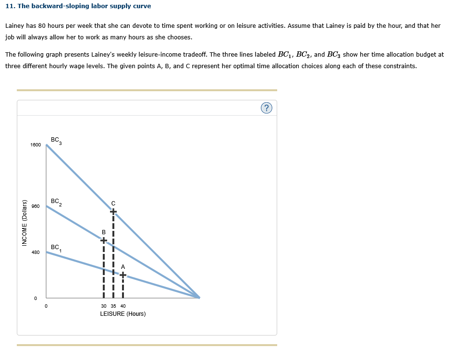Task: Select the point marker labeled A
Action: pyautogui.click(x=123, y=275)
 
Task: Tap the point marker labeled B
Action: pyautogui.click(x=103, y=240)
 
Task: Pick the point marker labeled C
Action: pyautogui.click(x=113, y=211)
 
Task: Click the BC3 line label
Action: pyautogui.click(x=56, y=141)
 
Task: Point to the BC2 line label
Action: pyautogui.click(x=56, y=202)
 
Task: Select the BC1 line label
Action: pyautogui.click(x=56, y=248)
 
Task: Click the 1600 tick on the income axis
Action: pyautogui.click(x=36, y=144)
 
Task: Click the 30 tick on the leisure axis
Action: pyautogui.click(x=104, y=306)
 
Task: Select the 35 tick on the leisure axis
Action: pyautogui.click(x=113, y=306)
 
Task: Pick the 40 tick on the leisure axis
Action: pyautogui.click(x=123, y=306)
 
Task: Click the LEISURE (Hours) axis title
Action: pyautogui.click(x=123, y=314)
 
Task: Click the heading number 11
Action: pyautogui.click(x=9, y=6)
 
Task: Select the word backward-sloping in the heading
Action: pyautogui.click(x=59, y=6)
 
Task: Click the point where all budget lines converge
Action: pyautogui.click(x=199, y=298)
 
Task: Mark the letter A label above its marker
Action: pyautogui.click(x=123, y=266)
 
